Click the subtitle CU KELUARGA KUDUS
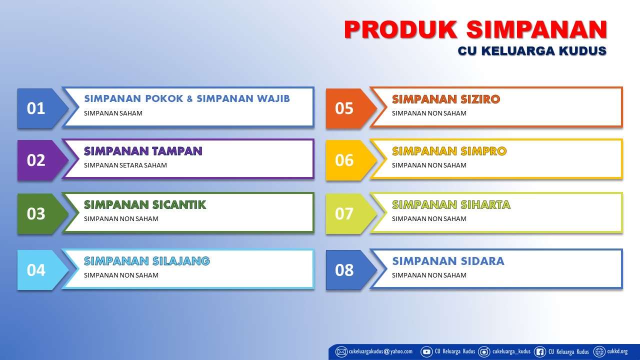531,51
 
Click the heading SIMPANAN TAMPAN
143,151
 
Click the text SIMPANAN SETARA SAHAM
125,165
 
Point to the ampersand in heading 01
189,99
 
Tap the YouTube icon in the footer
426,351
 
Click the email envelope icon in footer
341,351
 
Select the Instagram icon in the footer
484,351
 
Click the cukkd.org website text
617,351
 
